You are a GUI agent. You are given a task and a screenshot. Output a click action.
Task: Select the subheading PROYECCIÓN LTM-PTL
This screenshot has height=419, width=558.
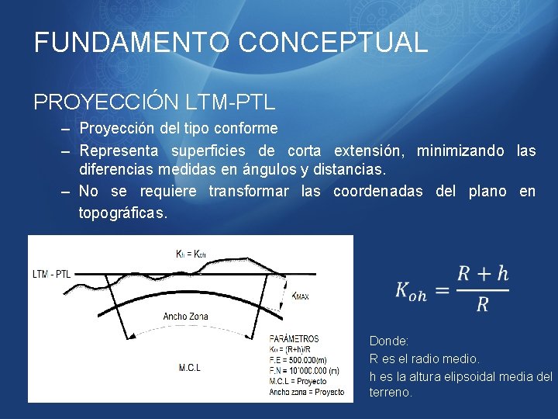(x=154, y=102)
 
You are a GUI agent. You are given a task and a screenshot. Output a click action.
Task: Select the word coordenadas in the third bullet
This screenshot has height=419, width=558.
(x=378, y=192)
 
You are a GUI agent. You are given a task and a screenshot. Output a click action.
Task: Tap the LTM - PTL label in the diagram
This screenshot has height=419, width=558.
(x=52, y=274)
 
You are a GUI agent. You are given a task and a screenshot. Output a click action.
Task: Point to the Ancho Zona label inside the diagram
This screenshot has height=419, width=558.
(x=185, y=317)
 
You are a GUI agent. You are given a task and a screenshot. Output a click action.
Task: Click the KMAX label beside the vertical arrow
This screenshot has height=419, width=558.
(x=301, y=296)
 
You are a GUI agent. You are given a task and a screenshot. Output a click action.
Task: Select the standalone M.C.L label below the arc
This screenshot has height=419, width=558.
(x=189, y=367)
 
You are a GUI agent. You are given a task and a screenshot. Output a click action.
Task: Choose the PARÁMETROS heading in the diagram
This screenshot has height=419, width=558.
(x=294, y=339)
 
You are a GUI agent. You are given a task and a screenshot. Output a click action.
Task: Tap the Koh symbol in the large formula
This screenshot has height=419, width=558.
(x=410, y=290)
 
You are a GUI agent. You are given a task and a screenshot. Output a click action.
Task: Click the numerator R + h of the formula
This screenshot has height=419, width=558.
(x=483, y=273)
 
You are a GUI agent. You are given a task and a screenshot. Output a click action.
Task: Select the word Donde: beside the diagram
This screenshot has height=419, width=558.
(x=389, y=341)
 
